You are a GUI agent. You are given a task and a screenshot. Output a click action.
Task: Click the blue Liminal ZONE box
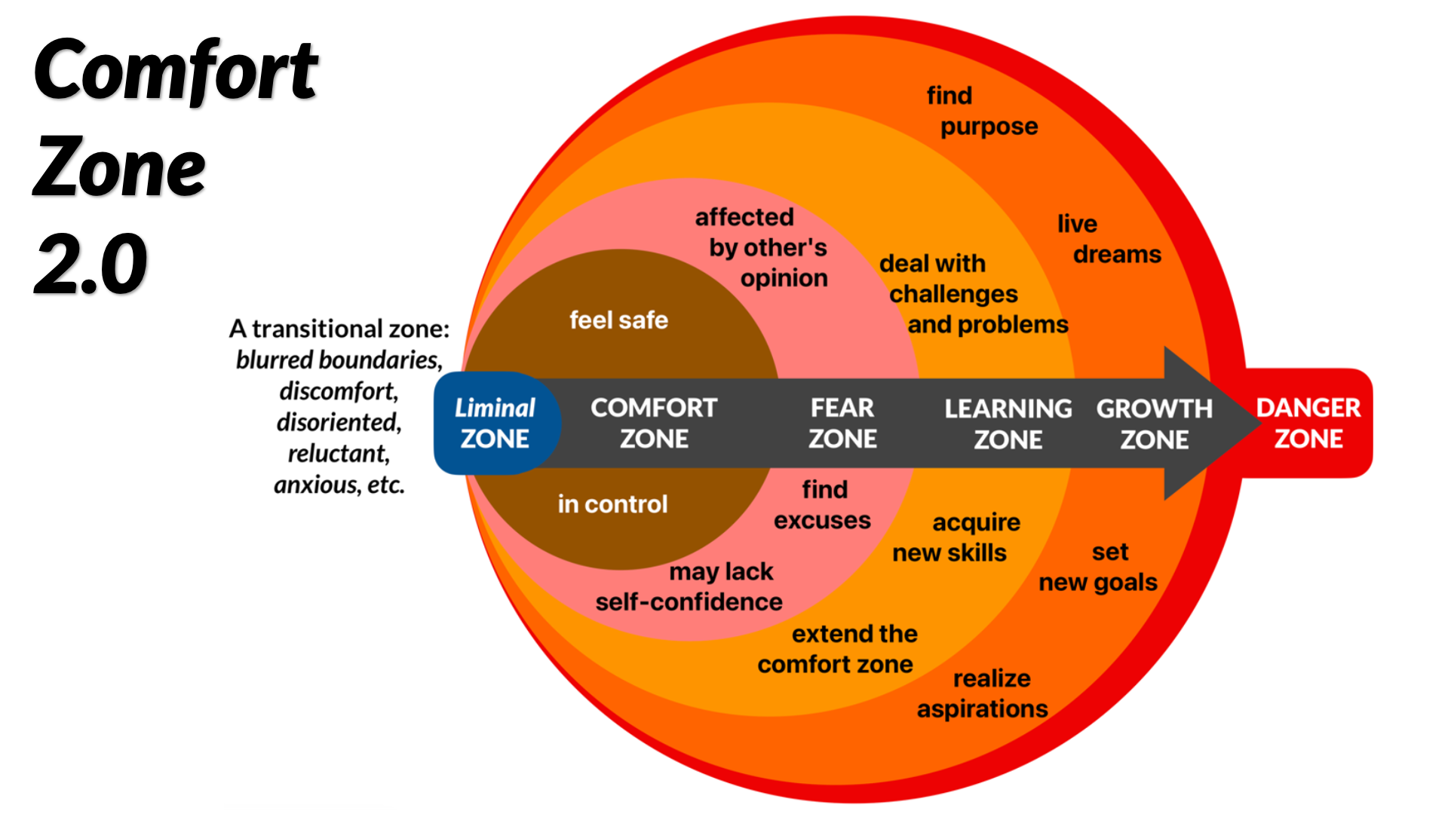(x=495, y=423)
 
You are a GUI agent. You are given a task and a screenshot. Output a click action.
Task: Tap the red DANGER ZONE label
(x=1308, y=423)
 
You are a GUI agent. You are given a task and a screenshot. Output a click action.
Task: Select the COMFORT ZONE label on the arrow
(x=654, y=423)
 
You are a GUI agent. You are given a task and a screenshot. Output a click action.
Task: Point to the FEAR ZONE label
(x=842, y=423)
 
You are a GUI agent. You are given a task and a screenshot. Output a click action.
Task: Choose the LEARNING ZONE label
(x=1008, y=424)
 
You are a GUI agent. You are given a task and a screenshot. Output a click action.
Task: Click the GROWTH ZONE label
(x=1154, y=424)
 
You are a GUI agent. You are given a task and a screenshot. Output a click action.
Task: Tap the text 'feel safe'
(x=618, y=320)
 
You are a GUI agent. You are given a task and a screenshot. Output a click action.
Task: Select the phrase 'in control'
(x=612, y=504)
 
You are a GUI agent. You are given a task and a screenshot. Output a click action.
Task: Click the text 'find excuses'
(x=823, y=505)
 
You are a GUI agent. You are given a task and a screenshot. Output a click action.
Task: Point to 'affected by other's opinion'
(x=762, y=248)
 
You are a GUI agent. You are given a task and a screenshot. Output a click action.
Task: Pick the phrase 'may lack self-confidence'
(x=689, y=586)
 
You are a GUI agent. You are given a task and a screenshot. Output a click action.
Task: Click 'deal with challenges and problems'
(x=973, y=294)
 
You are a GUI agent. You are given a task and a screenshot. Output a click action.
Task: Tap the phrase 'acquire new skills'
(x=956, y=537)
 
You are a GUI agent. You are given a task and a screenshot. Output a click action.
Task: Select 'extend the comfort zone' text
(x=837, y=649)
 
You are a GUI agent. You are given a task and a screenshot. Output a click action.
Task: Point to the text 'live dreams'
(x=1109, y=239)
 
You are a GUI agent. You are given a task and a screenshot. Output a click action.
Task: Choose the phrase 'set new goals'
(x=1098, y=567)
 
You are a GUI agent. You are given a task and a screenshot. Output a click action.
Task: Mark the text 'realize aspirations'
(x=983, y=693)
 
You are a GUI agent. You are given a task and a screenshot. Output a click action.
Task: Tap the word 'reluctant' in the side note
(x=338, y=454)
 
